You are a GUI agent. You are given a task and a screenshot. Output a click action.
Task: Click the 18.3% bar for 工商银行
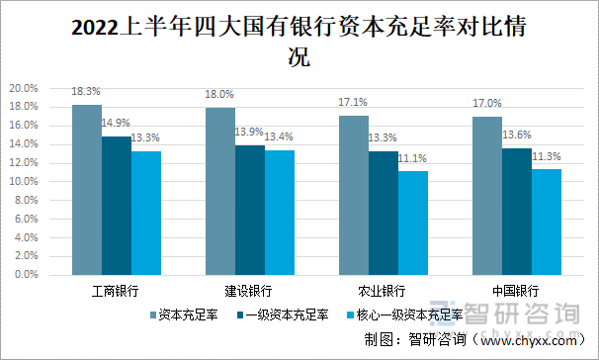(x=87, y=190)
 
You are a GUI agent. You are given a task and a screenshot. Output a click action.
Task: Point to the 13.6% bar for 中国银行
(x=517, y=212)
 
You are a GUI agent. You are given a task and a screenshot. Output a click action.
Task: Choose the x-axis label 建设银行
(x=249, y=291)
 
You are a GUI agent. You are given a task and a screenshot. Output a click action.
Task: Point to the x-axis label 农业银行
(x=383, y=291)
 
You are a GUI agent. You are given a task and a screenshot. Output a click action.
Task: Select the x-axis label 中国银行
(x=516, y=291)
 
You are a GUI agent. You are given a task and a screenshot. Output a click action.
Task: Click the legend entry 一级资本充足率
(x=288, y=315)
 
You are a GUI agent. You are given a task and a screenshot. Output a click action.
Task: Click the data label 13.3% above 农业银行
(x=384, y=137)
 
